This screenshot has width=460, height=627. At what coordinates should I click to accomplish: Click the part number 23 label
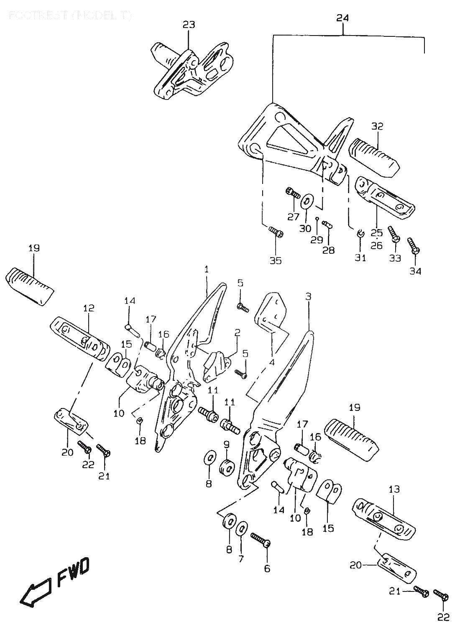tap(189, 25)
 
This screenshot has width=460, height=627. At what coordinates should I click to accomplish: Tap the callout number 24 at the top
tap(343, 18)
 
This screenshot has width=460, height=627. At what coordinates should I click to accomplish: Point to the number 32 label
tap(377, 126)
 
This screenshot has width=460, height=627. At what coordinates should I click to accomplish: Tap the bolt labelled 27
tap(293, 193)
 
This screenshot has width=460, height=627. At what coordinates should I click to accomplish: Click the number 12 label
tap(89, 308)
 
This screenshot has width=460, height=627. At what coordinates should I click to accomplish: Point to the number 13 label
tap(394, 489)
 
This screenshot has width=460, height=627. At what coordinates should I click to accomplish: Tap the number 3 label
tap(308, 296)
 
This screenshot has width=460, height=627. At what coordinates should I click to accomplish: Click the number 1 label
tap(206, 270)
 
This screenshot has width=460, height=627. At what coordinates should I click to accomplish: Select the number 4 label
tap(272, 362)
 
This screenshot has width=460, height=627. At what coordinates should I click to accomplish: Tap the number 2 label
tap(237, 333)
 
